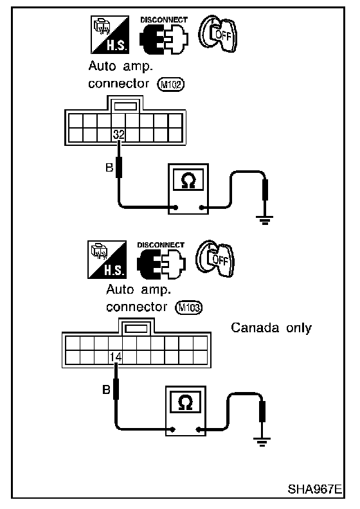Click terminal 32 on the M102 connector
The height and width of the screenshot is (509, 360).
(x=118, y=134)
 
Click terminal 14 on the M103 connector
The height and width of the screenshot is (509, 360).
(x=116, y=357)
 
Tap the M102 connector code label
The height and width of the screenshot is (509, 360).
(x=171, y=84)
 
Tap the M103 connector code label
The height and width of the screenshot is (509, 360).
(x=189, y=307)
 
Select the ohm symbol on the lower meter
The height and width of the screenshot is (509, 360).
(x=186, y=402)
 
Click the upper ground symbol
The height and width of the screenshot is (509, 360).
(x=265, y=220)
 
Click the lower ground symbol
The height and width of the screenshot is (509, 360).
(x=262, y=442)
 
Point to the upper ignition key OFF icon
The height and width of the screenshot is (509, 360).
(x=218, y=33)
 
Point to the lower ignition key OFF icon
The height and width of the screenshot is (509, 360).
(x=215, y=258)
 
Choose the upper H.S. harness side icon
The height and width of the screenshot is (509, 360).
(x=110, y=35)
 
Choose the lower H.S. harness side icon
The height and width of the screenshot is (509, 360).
(x=107, y=260)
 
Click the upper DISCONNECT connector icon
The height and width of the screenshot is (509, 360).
(x=164, y=36)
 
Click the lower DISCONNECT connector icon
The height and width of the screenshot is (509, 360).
(x=161, y=260)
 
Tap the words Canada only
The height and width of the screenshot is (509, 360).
(x=271, y=328)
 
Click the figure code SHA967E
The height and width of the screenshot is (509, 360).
(x=314, y=489)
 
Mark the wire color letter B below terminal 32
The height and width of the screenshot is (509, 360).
(x=109, y=168)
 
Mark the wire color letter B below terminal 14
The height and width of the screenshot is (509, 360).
(x=107, y=389)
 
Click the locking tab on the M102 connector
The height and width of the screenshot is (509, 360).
(x=125, y=106)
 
